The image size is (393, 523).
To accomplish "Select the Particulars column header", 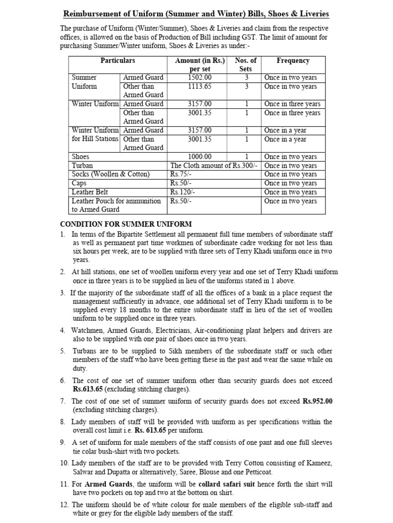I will coord(118,60).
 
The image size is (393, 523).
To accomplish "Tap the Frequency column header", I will coord(293,60).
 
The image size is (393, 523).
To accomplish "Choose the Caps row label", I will coord(79,183).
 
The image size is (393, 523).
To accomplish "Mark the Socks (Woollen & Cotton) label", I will coord(111,174).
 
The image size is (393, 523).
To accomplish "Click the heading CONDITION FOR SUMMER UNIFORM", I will coord(126,224).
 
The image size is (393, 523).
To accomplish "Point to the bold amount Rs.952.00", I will coord(317,401).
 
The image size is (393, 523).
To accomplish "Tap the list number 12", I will coord(64,505).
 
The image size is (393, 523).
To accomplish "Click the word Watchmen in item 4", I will coord(88,330).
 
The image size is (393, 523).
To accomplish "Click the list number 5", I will coord(62,351).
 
